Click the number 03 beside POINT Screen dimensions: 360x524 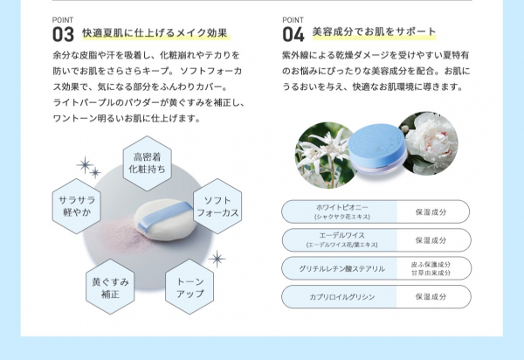point(64,35)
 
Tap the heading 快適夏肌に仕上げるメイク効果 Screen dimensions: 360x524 point(155,33)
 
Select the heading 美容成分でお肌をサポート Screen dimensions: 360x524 point(374,32)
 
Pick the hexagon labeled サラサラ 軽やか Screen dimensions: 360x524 point(76,206)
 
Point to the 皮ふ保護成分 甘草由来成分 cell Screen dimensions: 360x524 point(431,268)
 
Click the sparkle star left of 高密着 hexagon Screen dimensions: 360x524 point(85,165)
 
